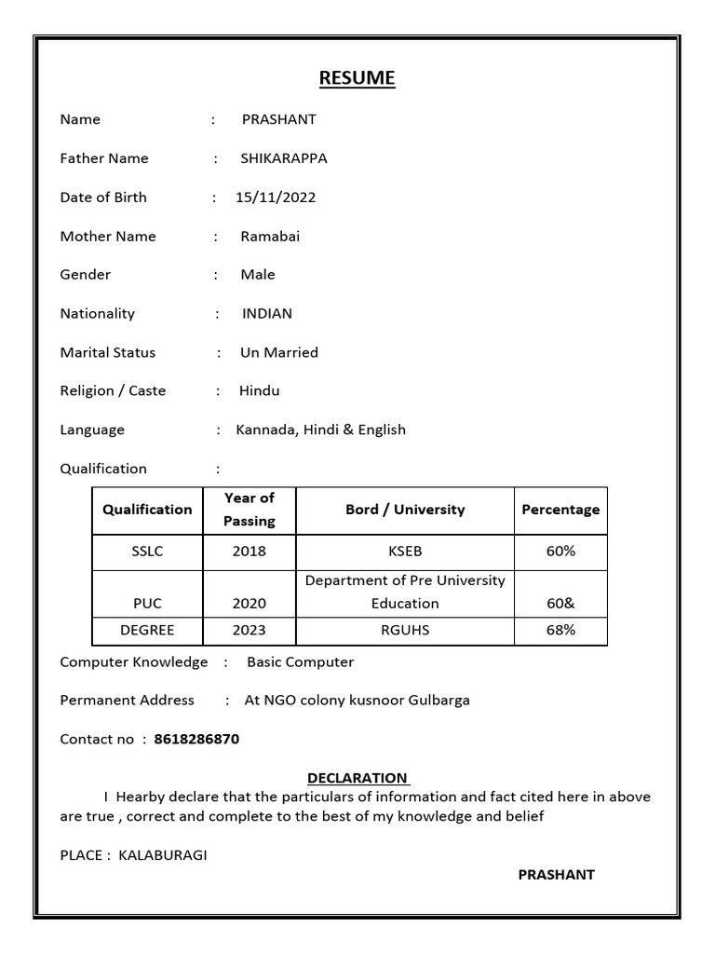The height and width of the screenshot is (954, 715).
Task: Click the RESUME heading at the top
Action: click(357, 78)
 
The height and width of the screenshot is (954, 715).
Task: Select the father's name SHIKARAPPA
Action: click(284, 158)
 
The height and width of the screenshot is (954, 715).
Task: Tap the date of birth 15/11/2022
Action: click(276, 198)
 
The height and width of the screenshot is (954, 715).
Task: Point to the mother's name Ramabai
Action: click(270, 237)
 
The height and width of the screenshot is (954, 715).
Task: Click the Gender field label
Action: click(86, 275)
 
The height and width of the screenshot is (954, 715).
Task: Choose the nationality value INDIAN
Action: click(267, 314)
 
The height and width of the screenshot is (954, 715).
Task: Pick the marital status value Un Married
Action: click(279, 353)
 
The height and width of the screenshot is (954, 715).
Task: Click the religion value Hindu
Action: click(260, 391)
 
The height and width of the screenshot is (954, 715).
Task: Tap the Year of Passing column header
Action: click(250, 510)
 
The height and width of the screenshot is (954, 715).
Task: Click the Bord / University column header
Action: click(405, 510)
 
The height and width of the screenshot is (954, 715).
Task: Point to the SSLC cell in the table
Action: click(147, 552)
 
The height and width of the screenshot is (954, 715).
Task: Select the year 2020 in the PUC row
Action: click(250, 604)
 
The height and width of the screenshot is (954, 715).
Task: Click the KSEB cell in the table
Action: click(405, 552)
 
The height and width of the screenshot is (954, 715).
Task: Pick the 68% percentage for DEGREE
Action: click(560, 631)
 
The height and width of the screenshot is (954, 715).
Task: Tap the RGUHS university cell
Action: click(405, 631)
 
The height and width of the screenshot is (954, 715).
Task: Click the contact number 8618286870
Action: click(196, 740)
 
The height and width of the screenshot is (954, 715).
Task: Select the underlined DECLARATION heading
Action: click(357, 778)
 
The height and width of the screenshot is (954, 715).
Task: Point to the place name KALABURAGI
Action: click(163, 855)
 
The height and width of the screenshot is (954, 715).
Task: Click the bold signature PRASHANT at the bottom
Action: click(556, 875)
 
